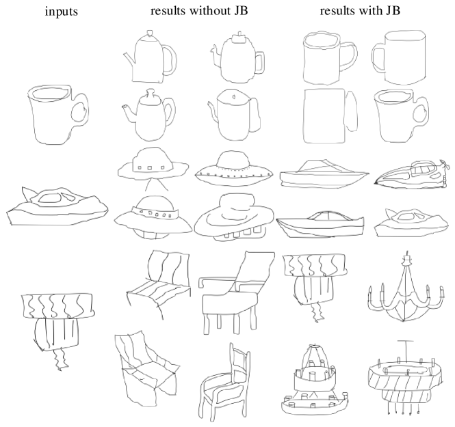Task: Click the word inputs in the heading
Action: pyautogui.click(x=61, y=12)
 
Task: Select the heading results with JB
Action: pyautogui.click(x=360, y=11)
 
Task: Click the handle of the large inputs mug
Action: pyautogui.click(x=80, y=110)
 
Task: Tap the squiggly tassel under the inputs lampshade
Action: pyautogui.click(x=62, y=359)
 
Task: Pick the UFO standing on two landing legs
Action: pyautogui.click(x=153, y=169)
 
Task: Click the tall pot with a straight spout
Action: pyautogui.click(x=151, y=57)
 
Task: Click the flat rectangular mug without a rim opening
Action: pyautogui.click(x=330, y=116)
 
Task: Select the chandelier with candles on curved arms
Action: pyautogui.click(x=406, y=290)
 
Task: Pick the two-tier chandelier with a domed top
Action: pyautogui.click(x=315, y=379)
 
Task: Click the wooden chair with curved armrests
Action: pyautogui.click(x=225, y=379)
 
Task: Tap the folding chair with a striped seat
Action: pyautogui.click(x=159, y=286)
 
